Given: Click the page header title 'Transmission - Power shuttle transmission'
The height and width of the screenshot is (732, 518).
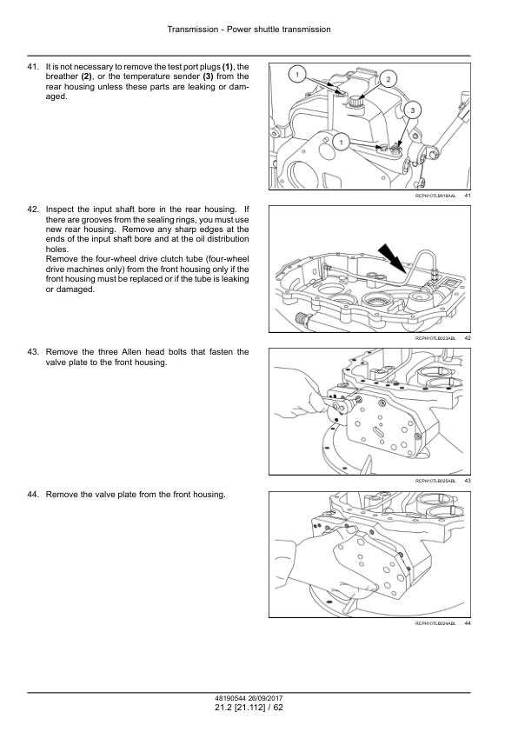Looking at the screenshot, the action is point(249,30).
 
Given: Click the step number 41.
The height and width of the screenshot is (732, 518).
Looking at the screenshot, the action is point(33,67).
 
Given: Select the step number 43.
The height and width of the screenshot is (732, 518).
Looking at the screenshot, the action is point(33,352).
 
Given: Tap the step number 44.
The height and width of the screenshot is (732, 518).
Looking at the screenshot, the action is point(33,495).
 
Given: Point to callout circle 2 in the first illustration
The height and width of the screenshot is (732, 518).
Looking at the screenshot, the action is point(388,79).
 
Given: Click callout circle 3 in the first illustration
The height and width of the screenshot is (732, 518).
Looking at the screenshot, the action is point(412,110).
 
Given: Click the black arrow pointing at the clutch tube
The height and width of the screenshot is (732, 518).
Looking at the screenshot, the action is point(392,257).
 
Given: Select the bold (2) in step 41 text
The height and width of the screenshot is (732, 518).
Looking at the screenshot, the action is point(87,77).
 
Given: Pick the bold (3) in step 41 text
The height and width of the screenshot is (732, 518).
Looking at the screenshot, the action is point(208,77).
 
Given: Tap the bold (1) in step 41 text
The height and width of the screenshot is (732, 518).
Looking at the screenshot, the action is point(228,67).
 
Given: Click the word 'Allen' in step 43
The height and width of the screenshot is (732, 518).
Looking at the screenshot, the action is point(131,352).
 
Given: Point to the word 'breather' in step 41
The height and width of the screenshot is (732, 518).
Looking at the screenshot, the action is point(62,77).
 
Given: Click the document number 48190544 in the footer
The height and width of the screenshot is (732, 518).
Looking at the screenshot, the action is point(229,698).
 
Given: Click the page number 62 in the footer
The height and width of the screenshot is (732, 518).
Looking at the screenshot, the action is point(278,708).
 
